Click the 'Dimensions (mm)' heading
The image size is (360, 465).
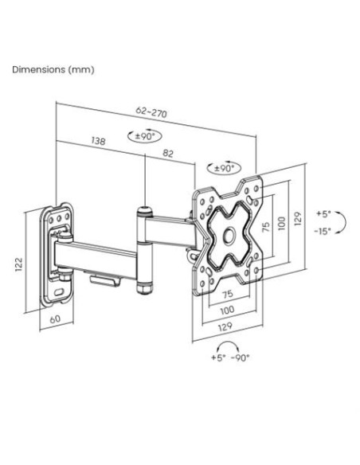(x=53, y=70)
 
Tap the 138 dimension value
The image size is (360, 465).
(x=98, y=141)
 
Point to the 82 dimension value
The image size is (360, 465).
(x=168, y=154)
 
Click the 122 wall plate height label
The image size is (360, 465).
(x=18, y=264)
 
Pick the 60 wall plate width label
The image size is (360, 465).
(x=55, y=319)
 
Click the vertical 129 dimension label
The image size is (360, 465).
(x=298, y=218)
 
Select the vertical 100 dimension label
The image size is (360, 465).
(x=282, y=223)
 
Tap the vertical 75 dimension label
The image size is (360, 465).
(x=266, y=227)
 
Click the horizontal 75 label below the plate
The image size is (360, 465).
(x=228, y=294)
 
